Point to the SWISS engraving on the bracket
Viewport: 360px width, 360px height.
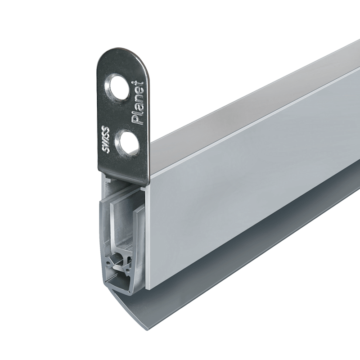106,139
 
